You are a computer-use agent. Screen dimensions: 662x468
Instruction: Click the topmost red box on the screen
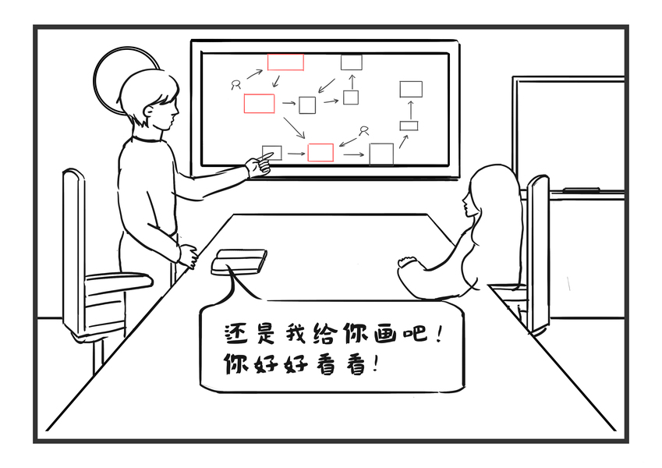[x=285, y=62]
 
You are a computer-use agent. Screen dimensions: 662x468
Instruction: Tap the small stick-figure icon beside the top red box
[x=235, y=84]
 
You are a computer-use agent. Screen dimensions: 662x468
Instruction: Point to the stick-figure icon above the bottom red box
[x=363, y=130]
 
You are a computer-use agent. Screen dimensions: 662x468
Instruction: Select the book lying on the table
[x=239, y=260]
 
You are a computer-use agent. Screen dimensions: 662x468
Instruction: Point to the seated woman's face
[x=470, y=205]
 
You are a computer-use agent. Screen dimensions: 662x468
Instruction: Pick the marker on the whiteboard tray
[x=580, y=190]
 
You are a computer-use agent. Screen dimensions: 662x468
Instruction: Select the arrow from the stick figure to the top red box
[x=255, y=74]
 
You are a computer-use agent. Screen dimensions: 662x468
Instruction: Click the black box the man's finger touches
[x=272, y=152]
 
